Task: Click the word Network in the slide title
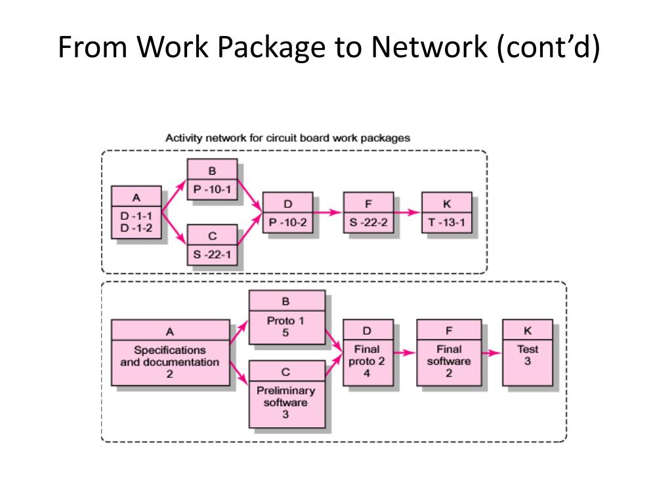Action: (x=429, y=47)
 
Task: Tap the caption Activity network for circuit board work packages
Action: (x=287, y=138)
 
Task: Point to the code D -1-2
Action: (x=136, y=228)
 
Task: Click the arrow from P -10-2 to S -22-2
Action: (x=327, y=212)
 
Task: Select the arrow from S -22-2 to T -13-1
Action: (x=407, y=212)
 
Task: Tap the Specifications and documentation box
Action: (x=171, y=352)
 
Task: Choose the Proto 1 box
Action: (x=287, y=317)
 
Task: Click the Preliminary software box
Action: (x=287, y=394)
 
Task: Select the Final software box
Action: (x=449, y=352)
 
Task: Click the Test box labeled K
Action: (x=528, y=352)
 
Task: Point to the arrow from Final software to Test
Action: (x=492, y=353)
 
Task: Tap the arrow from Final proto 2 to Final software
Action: (x=404, y=353)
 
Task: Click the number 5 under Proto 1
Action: (x=285, y=333)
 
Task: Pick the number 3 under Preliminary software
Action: (x=285, y=415)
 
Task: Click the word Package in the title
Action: (x=271, y=47)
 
